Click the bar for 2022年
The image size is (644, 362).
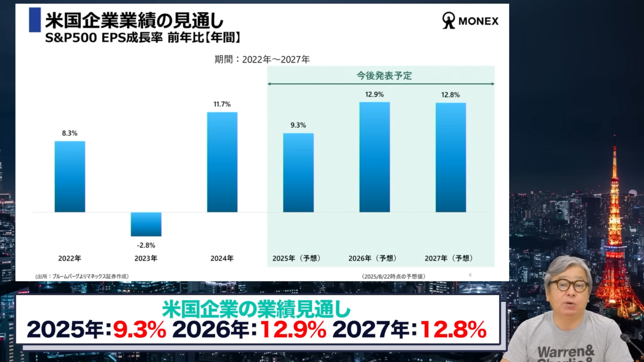[x=70, y=176]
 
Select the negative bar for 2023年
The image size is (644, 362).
[x=146, y=224]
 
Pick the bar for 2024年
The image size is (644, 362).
[x=222, y=162]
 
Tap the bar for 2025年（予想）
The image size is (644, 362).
[x=298, y=172]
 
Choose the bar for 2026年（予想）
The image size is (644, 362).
[x=374, y=157]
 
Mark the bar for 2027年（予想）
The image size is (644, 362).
[x=451, y=157]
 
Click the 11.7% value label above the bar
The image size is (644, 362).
[x=222, y=105]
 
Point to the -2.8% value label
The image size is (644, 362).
[x=146, y=245]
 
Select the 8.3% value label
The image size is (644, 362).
[x=70, y=133]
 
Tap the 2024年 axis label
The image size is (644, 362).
[x=222, y=258]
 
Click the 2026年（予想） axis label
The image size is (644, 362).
[x=373, y=258]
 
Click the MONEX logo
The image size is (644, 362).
[x=470, y=21]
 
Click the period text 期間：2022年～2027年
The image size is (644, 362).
[x=262, y=59]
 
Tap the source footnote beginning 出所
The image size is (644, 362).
[x=82, y=277]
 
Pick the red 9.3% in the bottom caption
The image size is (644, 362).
[x=139, y=330]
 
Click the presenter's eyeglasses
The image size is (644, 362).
[x=569, y=286]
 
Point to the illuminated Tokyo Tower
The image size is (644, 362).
[x=614, y=236]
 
